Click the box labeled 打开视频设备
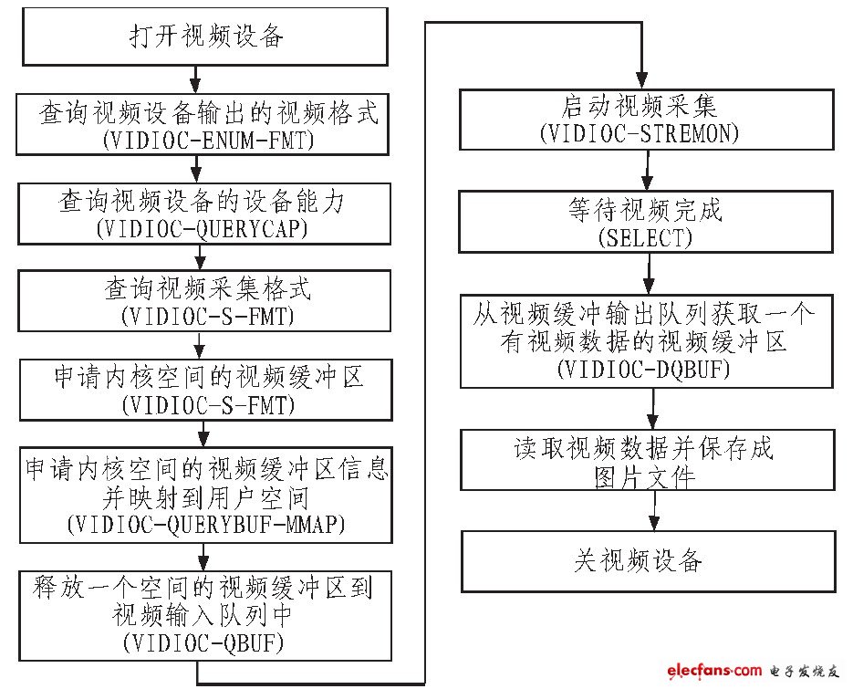point(205,37)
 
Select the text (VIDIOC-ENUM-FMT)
point(208,141)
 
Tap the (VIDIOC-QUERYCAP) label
point(202,228)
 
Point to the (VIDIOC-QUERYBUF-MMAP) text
point(206,524)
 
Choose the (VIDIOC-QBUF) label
point(203,643)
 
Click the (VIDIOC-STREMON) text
point(640,133)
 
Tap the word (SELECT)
point(645,238)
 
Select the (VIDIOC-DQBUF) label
point(643,370)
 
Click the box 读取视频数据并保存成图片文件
point(648,460)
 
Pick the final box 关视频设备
point(649,561)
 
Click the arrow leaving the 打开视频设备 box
point(194,79)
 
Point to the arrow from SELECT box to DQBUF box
point(649,274)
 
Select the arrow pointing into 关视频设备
point(654,510)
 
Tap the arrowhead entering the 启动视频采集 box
point(642,80)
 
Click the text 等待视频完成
point(645,210)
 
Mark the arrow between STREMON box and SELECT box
point(647,170)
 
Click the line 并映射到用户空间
point(205,497)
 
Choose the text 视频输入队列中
point(202,615)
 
